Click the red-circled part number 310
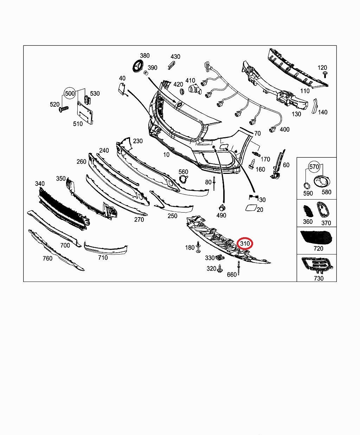coord(245,243)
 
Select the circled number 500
coord(70,93)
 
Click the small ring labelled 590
coord(306,185)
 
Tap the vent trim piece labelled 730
coord(316,265)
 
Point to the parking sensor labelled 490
coord(221,207)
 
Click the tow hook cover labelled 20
coord(251,208)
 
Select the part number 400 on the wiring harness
coord(284,129)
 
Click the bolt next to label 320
coord(220,270)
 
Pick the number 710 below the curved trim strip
coord(103,258)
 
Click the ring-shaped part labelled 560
coord(183,179)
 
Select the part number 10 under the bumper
coord(166,154)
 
